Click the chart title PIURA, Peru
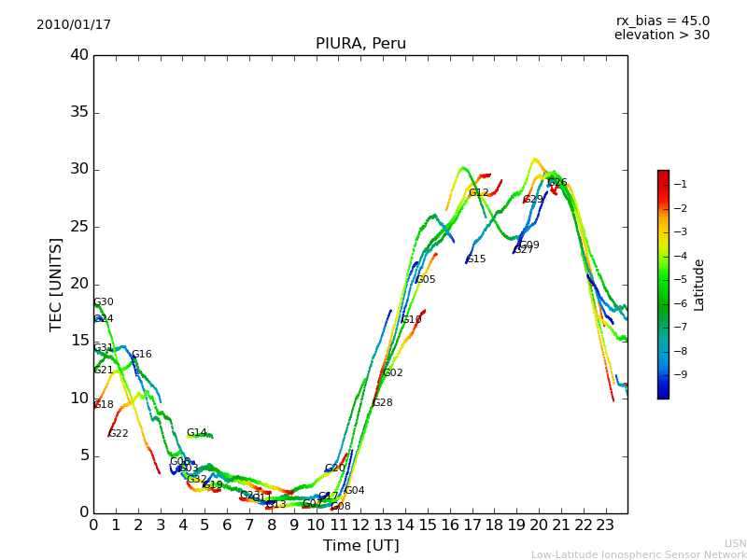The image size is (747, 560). click(360, 44)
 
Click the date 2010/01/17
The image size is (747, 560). click(74, 25)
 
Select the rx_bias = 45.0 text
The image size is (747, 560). click(662, 21)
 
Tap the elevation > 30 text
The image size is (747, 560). click(662, 35)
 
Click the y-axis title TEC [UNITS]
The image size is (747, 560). click(56, 284)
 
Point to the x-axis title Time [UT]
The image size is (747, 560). click(360, 546)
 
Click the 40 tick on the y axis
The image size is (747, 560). click(79, 55)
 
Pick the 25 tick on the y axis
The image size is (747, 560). click(79, 227)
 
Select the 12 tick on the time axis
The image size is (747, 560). click(360, 525)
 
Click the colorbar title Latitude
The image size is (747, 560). click(699, 285)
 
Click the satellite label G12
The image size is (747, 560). click(479, 193)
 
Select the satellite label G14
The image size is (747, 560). click(196, 433)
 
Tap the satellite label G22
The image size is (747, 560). click(119, 434)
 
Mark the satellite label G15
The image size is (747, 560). click(476, 259)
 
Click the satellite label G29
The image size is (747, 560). click(533, 200)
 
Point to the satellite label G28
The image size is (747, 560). click(383, 403)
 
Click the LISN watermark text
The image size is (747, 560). click(735, 543)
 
